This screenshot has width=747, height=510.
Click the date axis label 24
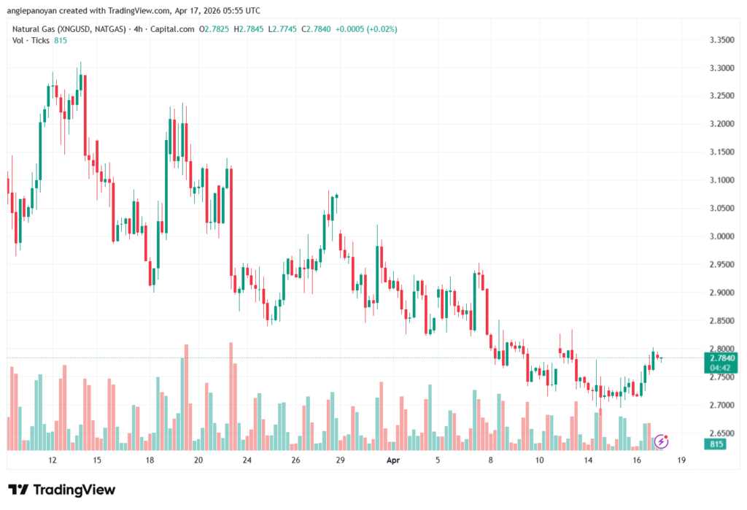pyautogui.click(x=247, y=461)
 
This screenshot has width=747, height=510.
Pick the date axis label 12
pyautogui.click(x=53, y=461)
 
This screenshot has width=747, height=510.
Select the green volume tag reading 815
pyautogui.click(x=719, y=444)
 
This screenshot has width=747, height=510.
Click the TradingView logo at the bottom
pyautogui.click(x=61, y=490)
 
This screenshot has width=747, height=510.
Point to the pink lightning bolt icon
pyautogui.click(x=661, y=441)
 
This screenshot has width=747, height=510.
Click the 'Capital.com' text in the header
pyautogui.click(x=176, y=29)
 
